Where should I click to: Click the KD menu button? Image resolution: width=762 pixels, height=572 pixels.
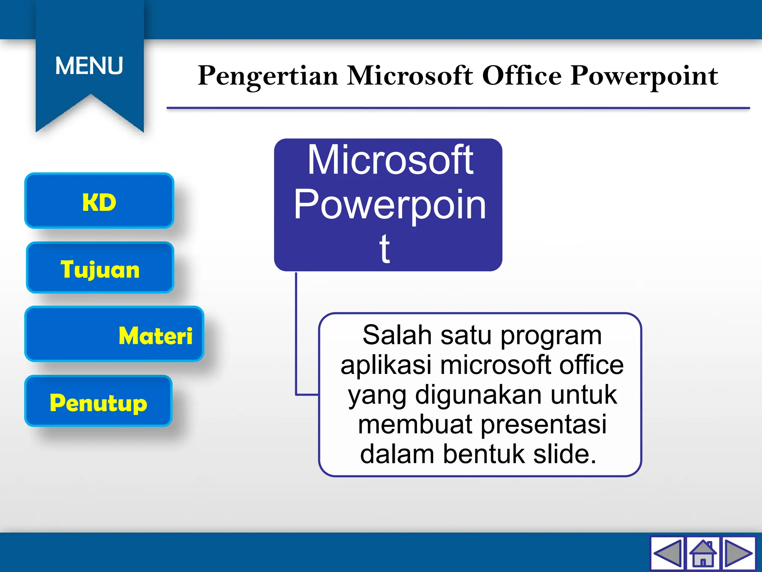pyautogui.click(x=99, y=201)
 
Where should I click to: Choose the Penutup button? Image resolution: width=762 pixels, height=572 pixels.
pyautogui.click(x=98, y=401)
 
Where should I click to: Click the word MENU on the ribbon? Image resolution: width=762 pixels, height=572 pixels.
pyautogui.click(x=89, y=66)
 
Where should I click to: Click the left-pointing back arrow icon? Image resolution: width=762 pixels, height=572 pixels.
pyautogui.click(x=667, y=553)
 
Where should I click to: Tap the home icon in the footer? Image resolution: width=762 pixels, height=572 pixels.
pyautogui.click(x=703, y=553)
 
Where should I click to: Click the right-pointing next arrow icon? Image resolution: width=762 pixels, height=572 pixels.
pyautogui.click(x=739, y=553)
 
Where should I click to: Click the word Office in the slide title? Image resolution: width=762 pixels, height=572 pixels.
pyautogui.click(x=522, y=76)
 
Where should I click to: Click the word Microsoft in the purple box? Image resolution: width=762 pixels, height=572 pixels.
pyautogui.click(x=390, y=160)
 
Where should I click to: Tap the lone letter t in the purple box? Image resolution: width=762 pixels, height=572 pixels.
pyautogui.click(x=385, y=248)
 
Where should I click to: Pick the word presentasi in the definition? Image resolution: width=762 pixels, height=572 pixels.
pyautogui.click(x=544, y=425)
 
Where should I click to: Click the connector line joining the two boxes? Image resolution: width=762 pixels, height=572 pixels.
pyautogui.click(x=296, y=335)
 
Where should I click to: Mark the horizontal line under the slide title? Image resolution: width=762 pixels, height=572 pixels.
pyautogui.click(x=458, y=108)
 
